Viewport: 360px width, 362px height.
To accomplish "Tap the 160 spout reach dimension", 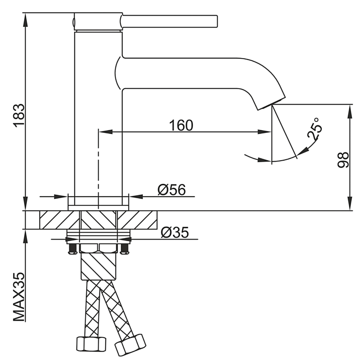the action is [x=181, y=126].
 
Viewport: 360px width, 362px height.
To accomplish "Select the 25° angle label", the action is [x=315, y=129].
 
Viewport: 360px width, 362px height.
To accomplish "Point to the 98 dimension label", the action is [x=343, y=160].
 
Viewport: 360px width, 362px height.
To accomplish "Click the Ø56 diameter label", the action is [x=172, y=190].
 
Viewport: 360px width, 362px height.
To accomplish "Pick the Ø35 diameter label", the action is [x=174, y=232].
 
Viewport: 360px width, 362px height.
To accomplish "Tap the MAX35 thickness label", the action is [x=18, y=297].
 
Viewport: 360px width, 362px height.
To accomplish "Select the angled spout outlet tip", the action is [x=271, y=103].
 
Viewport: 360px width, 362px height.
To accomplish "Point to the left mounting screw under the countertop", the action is [x=72, y=248].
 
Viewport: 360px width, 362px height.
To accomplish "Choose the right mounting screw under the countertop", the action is [x=125, y=248].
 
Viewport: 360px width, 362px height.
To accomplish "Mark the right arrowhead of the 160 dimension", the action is [x=264, y=132].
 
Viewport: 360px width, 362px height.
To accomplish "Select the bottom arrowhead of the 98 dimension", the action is [x=350, y=203].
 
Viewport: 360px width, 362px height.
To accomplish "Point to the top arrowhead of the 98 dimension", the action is [x=350, y=112].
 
